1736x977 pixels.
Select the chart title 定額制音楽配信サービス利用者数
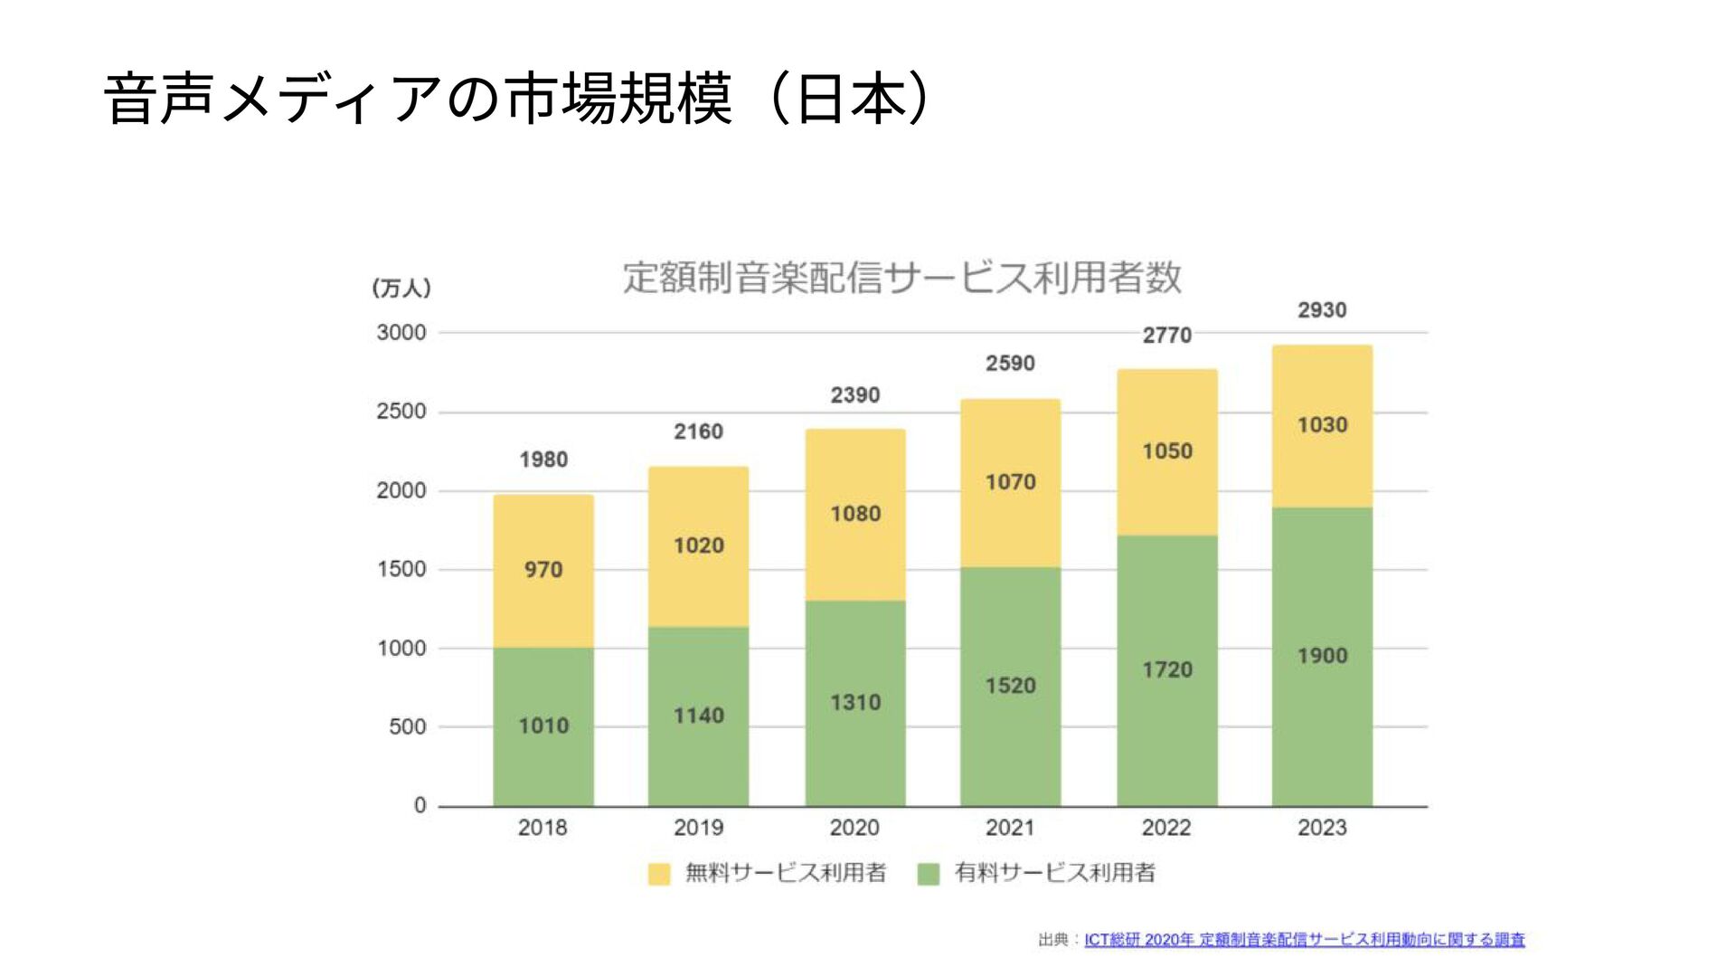[x=901, y=277]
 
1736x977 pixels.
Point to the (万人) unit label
[x=401, y=288]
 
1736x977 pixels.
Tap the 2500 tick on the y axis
[x=401, y=412]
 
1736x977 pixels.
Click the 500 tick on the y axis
[x=407, y=726]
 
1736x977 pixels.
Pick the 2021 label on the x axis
[x=1010, y=827]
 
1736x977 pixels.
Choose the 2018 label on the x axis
[x=542, y=827]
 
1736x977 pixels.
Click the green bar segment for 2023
[x=1322, y=724]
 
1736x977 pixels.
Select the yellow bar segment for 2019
[x=698, y=507]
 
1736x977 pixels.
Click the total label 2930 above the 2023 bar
[x=1322, y=310]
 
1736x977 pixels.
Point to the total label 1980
[x=543, y=460]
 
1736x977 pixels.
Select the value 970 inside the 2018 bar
[x=543, y=569]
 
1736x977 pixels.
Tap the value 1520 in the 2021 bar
[x=1010, y=685]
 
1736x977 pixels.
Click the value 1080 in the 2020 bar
[x=855, y=513]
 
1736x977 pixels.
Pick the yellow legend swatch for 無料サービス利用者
[x=659, y=874]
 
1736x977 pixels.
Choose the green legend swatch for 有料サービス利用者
[x=929, y=874]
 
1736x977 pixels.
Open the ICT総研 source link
[x=1304, y=940]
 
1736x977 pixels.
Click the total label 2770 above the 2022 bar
[x=1166, y=336]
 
